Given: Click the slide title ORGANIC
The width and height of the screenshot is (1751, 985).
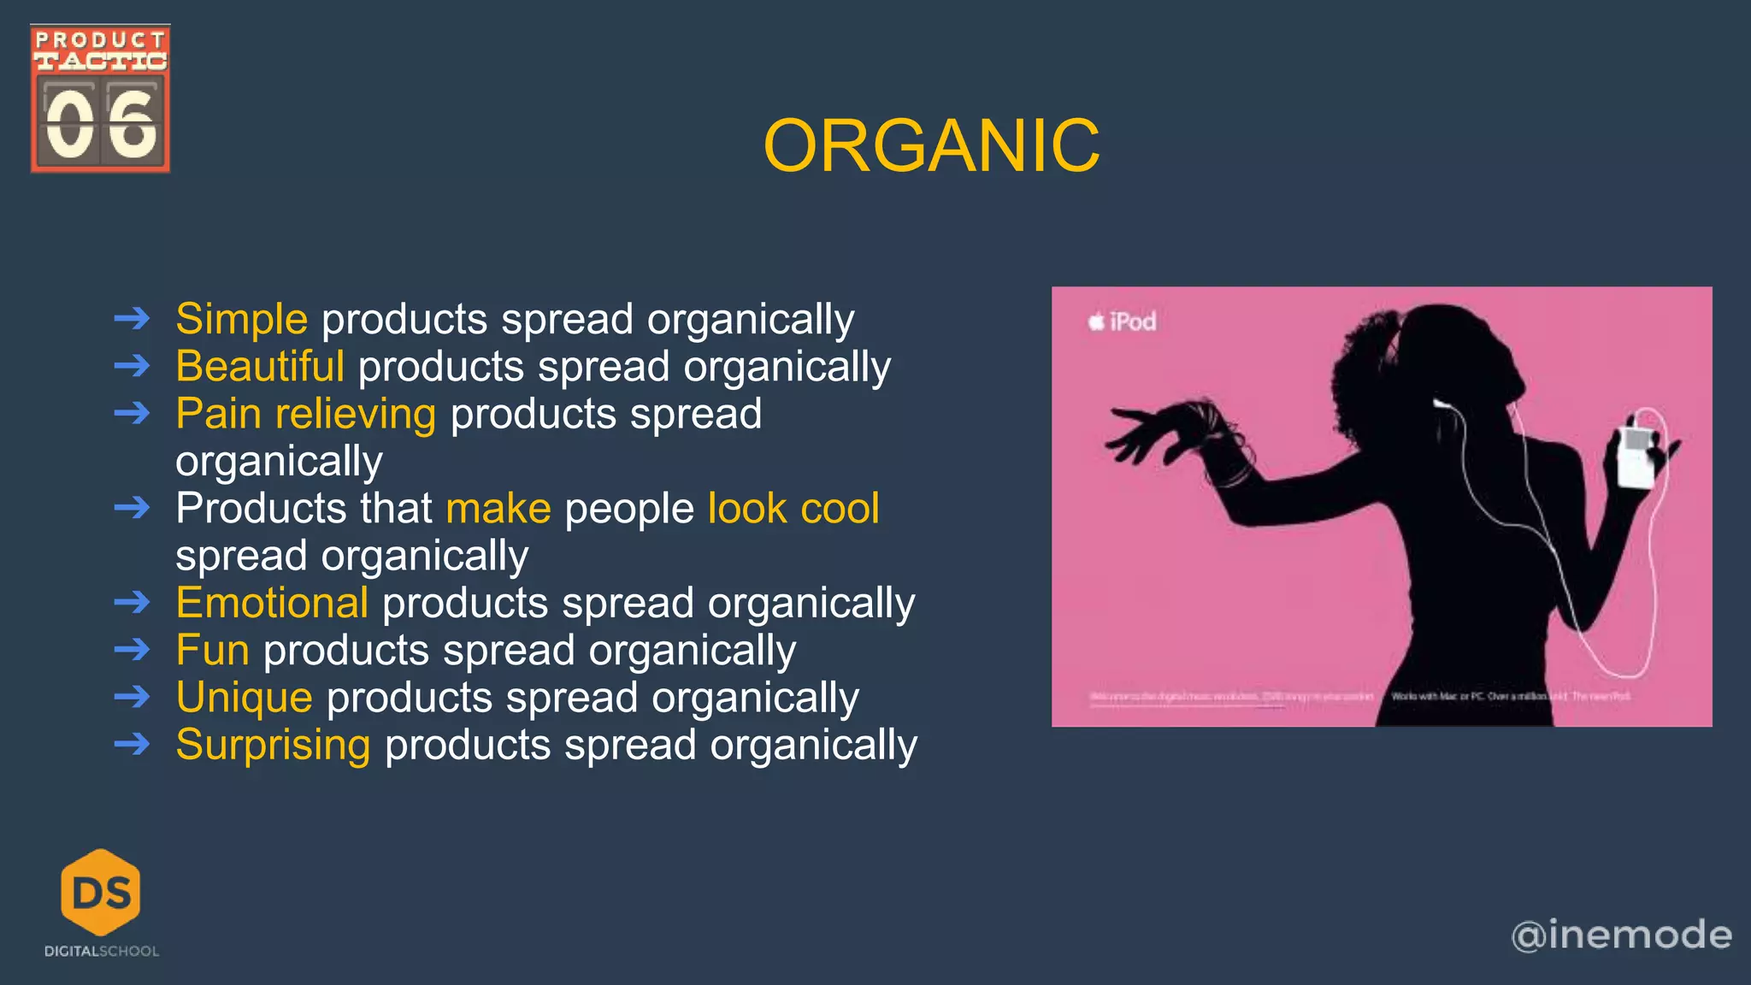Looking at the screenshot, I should coord(931,146).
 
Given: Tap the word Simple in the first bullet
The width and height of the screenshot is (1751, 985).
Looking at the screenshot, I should coord(241,320).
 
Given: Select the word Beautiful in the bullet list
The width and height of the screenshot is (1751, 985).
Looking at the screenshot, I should coord(260,367).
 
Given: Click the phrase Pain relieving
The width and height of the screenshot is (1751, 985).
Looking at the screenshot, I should coord(305,415).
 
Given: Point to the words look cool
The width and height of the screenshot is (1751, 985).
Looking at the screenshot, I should coord(793,509).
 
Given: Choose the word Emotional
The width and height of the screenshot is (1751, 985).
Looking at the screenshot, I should coord(272,603).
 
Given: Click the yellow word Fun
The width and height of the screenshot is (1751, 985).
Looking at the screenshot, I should coord(212,651).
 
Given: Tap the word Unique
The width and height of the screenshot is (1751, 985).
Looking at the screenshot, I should coord(244,698).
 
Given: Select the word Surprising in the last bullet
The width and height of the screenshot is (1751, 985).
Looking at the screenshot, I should coord(273,745).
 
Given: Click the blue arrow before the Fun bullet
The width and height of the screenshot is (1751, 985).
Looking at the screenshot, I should coord(132,651).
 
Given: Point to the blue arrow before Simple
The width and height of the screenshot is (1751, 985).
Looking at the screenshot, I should coord(132,320).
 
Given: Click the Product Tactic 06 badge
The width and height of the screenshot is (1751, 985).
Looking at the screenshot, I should coord(100,98).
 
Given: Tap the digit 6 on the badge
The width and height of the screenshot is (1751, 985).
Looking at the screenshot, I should coord(132,125).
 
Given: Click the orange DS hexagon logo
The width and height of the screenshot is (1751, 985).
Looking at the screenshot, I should coord(101,892).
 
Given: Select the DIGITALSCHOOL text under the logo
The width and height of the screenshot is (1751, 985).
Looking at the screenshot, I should coord(101,952).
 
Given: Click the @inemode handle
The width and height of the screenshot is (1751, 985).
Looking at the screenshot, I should coord(1621,935).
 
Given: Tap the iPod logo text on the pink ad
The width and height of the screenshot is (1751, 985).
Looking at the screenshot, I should coord(1123,322).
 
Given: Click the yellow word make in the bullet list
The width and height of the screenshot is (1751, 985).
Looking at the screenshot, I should coord(498,509).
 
